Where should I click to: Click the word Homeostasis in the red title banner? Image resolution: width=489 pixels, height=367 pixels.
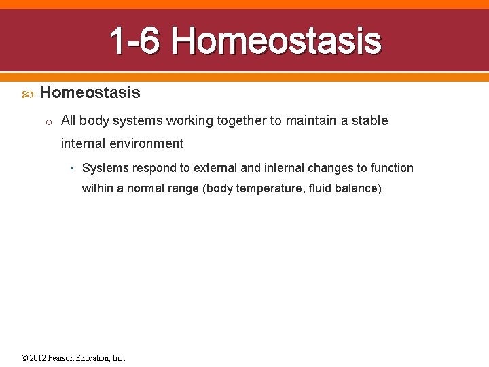276,41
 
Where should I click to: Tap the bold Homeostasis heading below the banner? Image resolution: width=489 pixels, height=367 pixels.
90,92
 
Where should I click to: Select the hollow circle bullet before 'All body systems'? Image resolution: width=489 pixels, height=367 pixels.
49,122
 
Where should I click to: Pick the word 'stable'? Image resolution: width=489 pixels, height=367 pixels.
370,121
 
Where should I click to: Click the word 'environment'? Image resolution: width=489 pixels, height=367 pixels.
149,143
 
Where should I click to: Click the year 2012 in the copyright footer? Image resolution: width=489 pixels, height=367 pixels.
38,358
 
